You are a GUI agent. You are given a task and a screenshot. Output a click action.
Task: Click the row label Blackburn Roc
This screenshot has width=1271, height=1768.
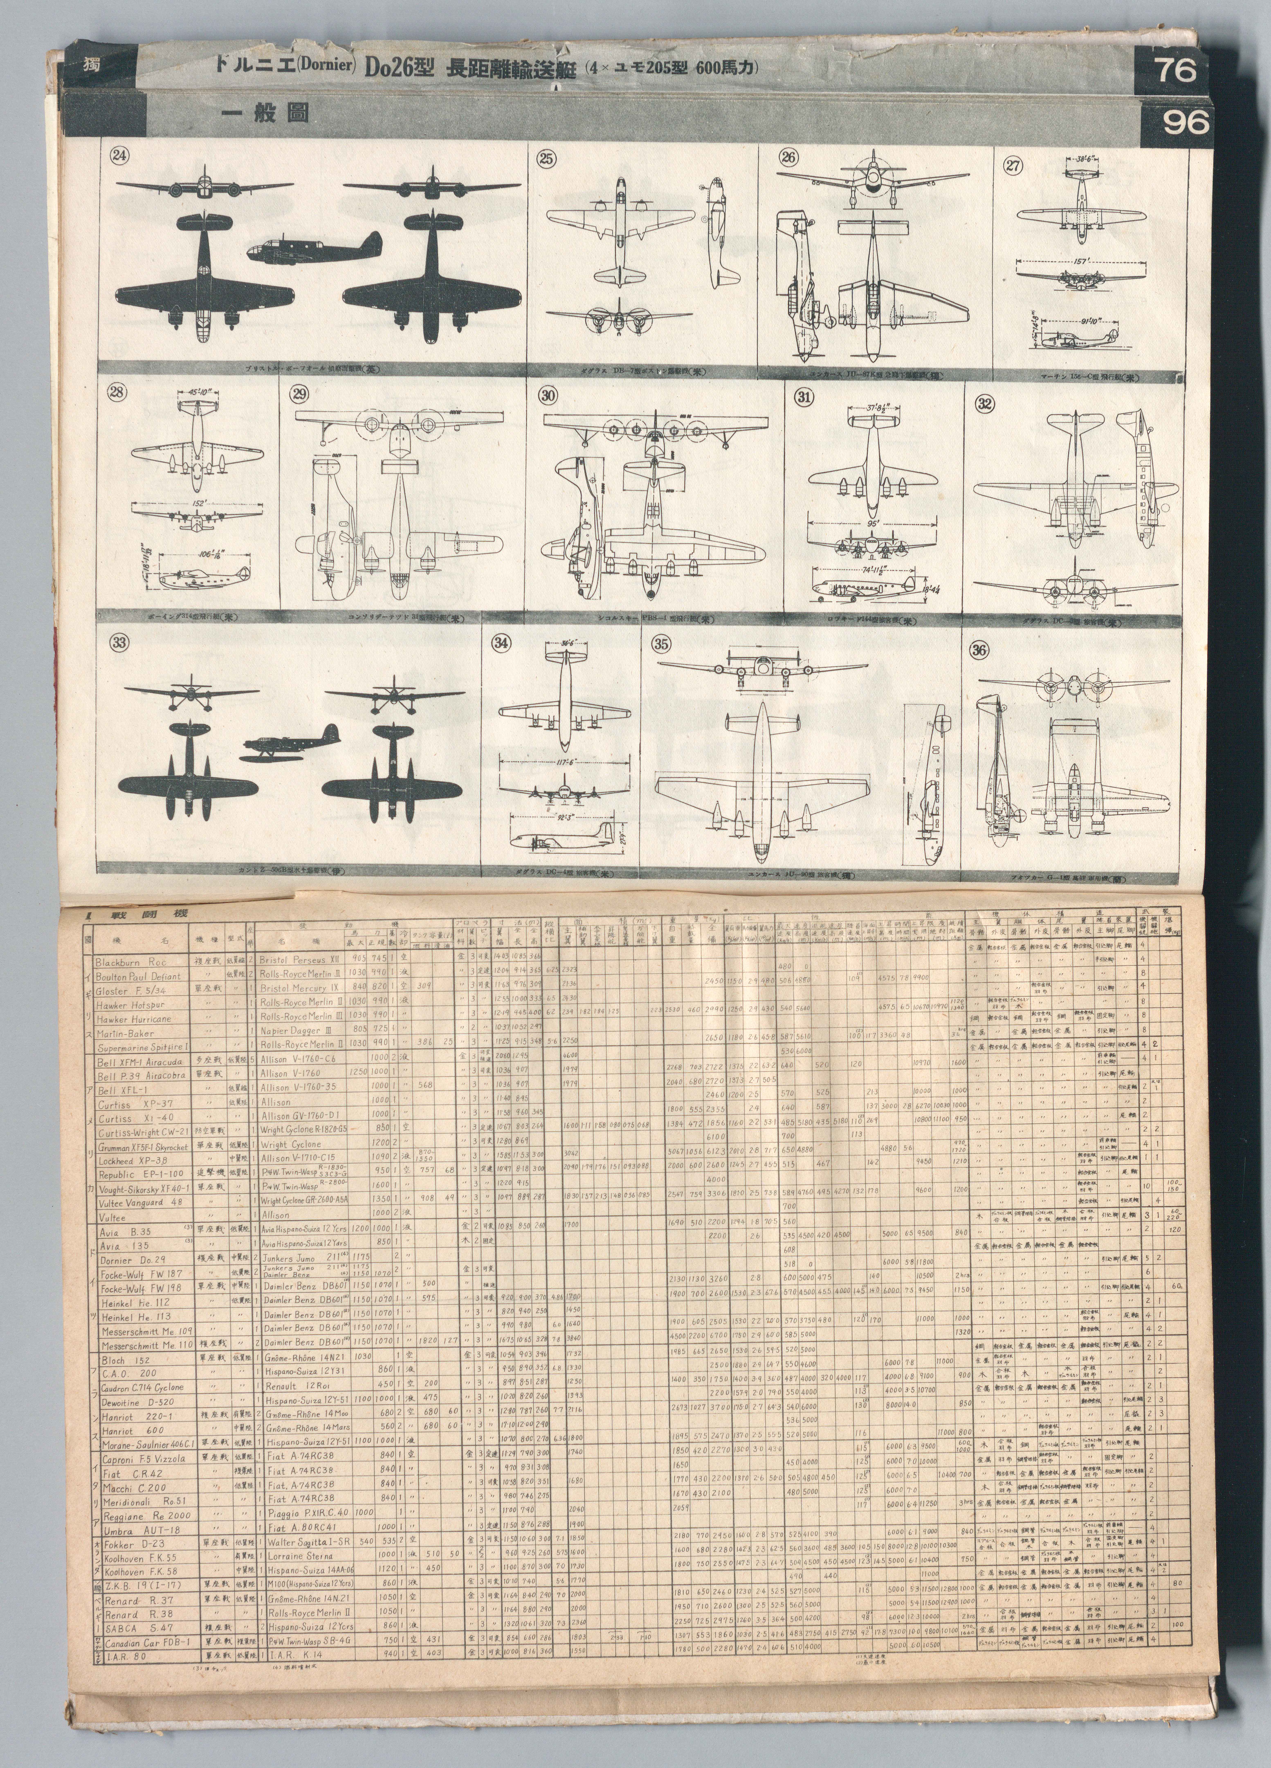(x=131, y=962)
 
